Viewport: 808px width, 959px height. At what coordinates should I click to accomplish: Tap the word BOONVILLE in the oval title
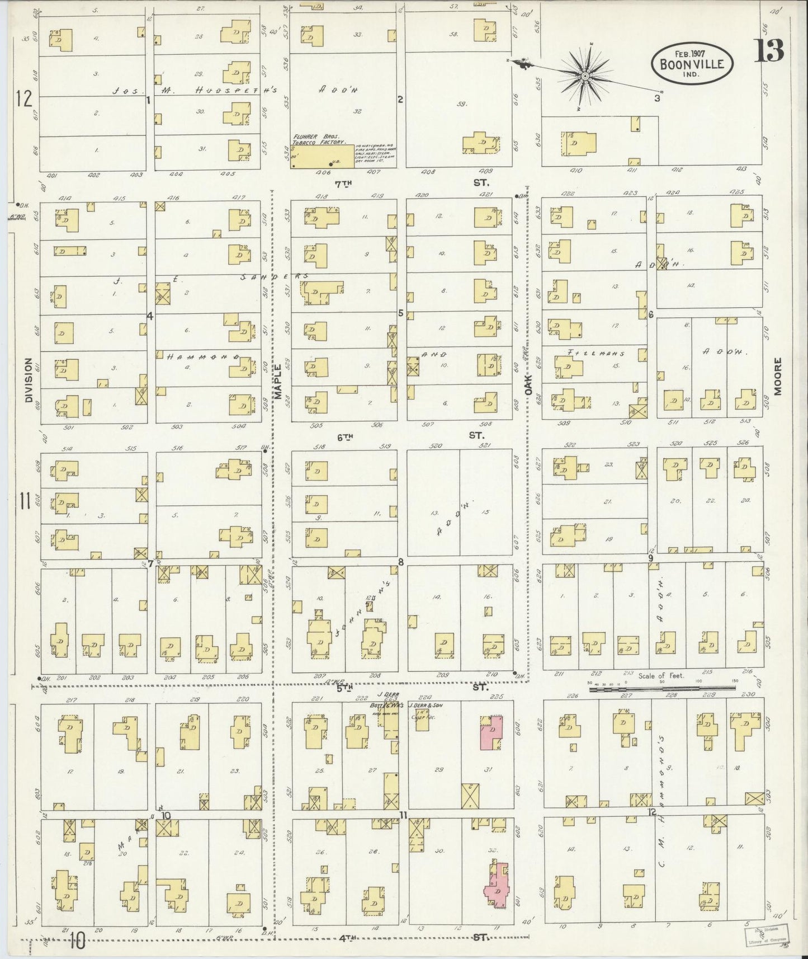pos(692,63)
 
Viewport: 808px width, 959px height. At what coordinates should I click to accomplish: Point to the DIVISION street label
pos(29,380)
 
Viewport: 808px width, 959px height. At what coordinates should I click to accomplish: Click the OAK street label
pos(528,386)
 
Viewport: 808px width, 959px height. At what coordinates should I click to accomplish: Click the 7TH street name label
pos(344,183)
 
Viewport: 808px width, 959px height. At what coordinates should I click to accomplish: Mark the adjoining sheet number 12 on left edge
pos(24,98)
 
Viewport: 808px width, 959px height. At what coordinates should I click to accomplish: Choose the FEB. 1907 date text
pos(691,53)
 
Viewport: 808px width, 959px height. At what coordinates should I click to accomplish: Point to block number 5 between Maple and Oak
pos(400,313)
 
